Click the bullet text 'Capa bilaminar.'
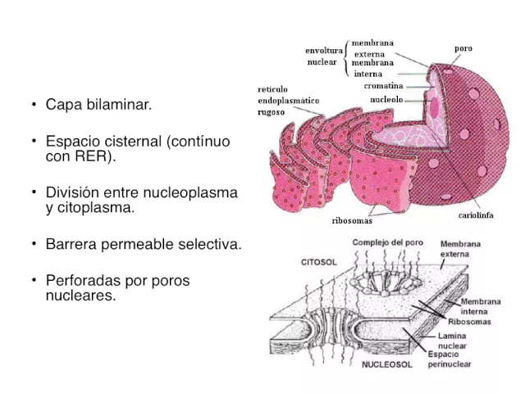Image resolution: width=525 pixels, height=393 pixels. (x=98, y=105)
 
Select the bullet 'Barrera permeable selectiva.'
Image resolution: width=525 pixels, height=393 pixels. (x=144, y=244)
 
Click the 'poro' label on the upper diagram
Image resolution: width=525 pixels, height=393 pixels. (x=463, y=49)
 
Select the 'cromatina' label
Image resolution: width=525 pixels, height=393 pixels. (x=384, y=85)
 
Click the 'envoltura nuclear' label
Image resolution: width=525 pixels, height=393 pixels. (x=325, y=55)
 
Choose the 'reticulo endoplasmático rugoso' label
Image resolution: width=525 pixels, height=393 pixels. (x=288, y=101)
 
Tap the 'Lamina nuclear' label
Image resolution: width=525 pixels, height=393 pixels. (x=454, y=341)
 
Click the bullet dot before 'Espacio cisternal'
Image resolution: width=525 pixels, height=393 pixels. (x=34, y=142)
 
